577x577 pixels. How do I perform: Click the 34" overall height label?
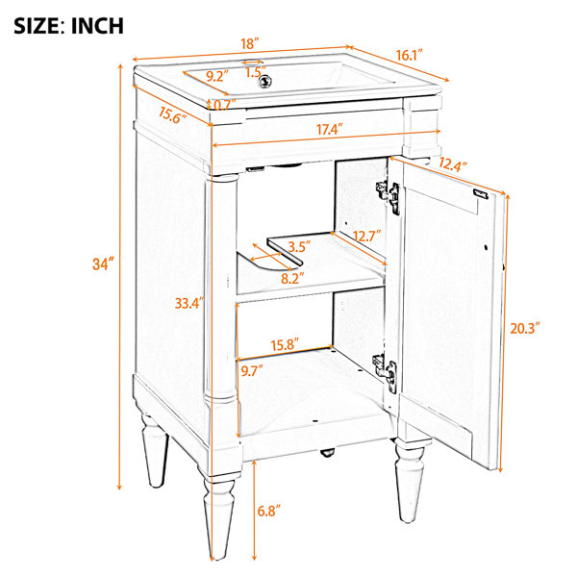104,263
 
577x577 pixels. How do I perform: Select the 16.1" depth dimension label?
409,55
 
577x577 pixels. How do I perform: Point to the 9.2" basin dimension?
217,76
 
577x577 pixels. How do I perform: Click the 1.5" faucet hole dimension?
256,72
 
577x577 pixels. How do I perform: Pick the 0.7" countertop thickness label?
224,105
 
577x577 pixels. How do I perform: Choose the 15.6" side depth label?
172,115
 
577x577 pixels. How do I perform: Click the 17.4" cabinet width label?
330,129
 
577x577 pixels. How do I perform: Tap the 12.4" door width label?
453,164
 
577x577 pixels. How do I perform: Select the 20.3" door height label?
525,328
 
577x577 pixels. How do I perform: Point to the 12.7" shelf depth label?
366,236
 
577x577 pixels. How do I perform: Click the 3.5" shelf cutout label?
299,246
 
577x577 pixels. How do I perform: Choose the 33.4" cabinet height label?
189,303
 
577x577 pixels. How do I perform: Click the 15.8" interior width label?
285,344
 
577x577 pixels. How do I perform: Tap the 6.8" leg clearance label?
269,511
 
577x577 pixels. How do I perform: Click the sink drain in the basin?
265,82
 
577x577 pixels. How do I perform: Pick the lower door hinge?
386,372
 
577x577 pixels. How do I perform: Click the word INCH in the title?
97,26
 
